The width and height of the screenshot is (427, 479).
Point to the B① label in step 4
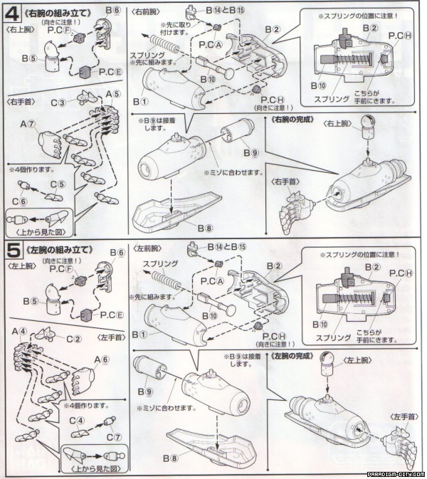point(139,102)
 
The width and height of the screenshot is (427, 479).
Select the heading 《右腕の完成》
point(292,120)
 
